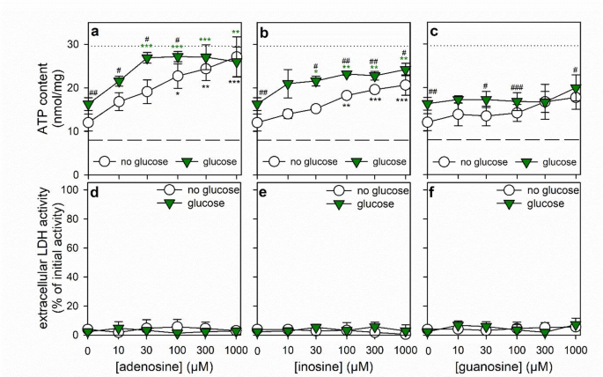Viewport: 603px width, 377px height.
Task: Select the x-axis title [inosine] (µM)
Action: click(330, 365)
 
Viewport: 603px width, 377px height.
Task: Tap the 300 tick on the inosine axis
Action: click(374, 349)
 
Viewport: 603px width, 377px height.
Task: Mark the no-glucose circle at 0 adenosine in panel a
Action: click(88, 122)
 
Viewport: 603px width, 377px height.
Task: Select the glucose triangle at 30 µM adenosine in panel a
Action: click(148, 58)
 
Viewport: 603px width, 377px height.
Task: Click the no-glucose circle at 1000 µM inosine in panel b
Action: click(405, 85)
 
